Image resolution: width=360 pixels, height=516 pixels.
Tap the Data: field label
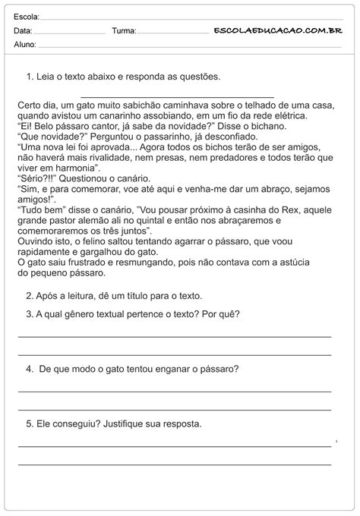23,31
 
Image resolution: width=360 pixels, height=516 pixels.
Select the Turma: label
124,31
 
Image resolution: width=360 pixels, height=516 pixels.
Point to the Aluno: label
24,45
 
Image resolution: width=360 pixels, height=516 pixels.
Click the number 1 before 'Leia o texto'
28,77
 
